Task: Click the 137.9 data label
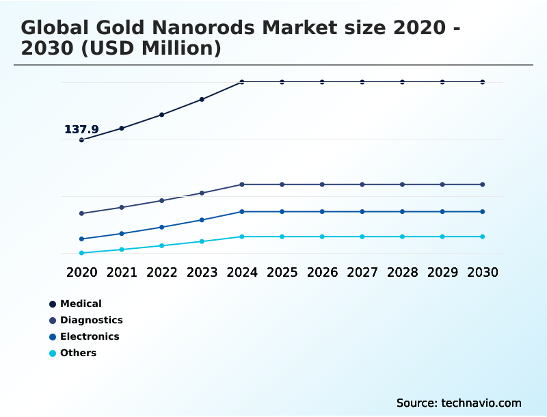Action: (81, 129)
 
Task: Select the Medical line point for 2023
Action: (202, 99)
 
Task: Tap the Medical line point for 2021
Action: (122, 128)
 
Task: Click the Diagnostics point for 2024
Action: (242, 185)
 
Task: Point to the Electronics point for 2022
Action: (162, 227)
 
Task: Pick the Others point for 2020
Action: (81, 253)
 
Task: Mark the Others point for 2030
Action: (483, 237)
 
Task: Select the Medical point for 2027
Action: (362, 82)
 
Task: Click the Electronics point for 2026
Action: (322, 211)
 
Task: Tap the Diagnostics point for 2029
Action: (442, 185)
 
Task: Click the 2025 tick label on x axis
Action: (282, 272)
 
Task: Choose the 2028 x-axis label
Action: (402, 272)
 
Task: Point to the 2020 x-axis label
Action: (81, 272)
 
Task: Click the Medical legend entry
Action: (81, 304)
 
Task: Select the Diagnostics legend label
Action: (92, 320)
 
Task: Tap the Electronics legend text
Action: (90, 336)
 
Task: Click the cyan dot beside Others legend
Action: (53, 353)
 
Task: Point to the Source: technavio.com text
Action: (459, 403)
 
